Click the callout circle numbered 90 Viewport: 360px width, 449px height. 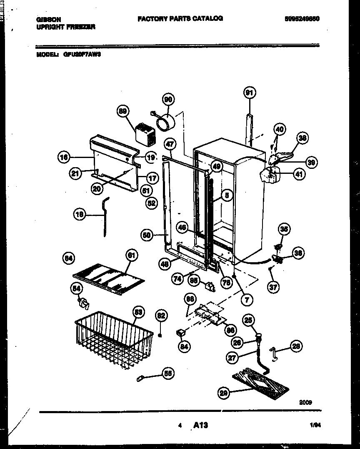[168, 99]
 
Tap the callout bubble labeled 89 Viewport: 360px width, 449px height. [123, 111]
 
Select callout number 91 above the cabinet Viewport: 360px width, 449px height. [249, 93]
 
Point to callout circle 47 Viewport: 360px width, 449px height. [169, 145]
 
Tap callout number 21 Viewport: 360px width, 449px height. [76, 173]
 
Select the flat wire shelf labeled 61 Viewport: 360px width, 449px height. [108, 278]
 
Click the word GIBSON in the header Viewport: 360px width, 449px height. [49, 19]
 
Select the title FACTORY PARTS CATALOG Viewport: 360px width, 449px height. [180, 18]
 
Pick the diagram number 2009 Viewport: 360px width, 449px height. [305, 402]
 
